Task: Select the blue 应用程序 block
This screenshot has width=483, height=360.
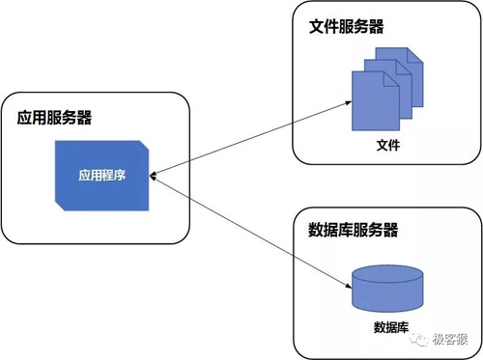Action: coord(101,193)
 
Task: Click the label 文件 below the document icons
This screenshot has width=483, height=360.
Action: coord(386,147)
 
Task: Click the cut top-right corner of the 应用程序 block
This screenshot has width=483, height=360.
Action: coord(145,145)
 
